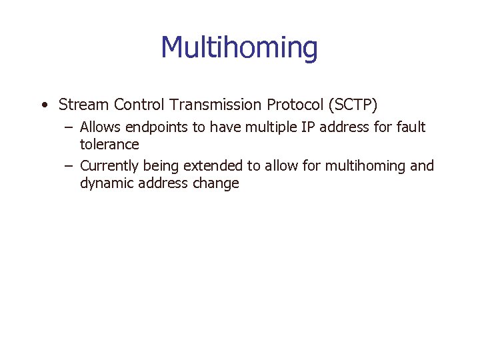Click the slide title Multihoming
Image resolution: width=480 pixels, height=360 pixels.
coord(239,48)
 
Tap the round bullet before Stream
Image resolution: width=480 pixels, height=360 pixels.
coord(43,105)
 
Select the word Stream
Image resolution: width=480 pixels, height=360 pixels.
coord(83,105)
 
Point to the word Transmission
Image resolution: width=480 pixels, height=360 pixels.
coord(217,105)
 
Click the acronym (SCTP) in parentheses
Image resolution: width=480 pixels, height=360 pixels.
coord(352,105)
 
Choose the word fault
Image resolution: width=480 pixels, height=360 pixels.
coord(411,127)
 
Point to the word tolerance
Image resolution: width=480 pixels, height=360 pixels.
coord(109,145)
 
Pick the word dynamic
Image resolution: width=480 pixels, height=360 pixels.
coord(107,183)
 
